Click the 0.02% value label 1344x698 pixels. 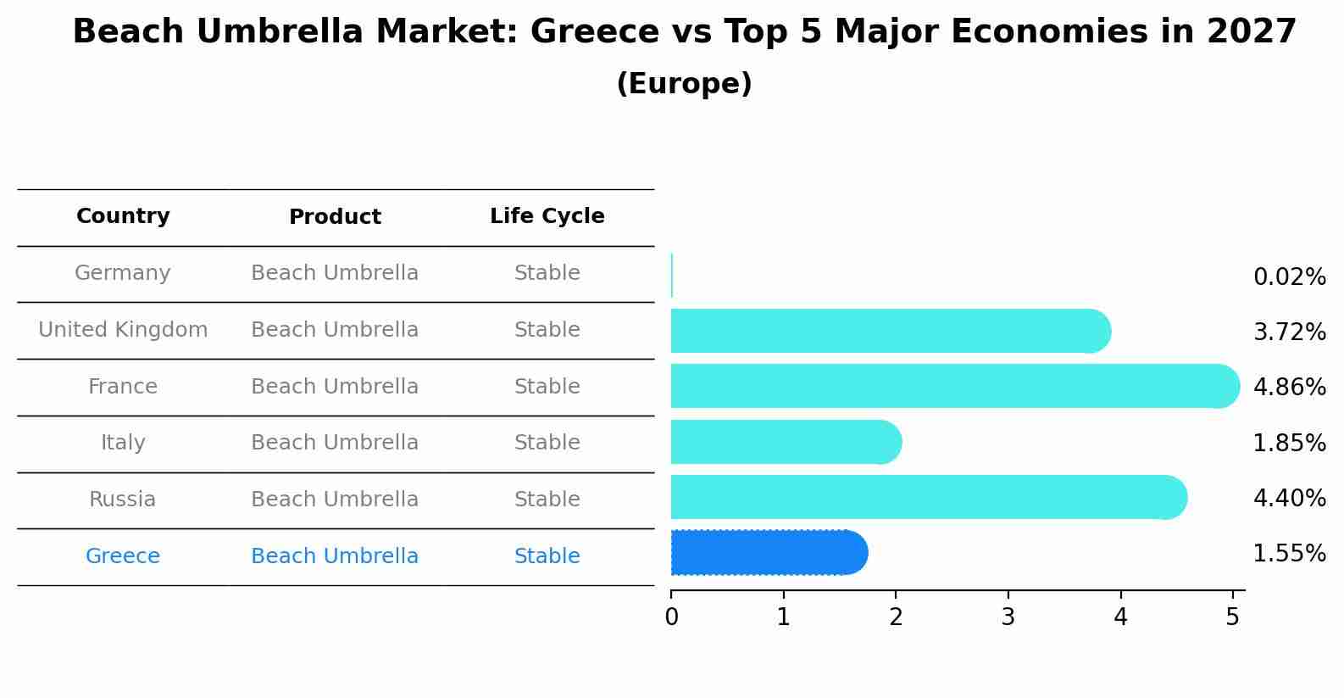(1289, 277)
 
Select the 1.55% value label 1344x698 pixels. (1289, 554)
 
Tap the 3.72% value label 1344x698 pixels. (1289, 332)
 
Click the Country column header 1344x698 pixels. (123, 216)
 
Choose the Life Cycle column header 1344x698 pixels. (547, 216)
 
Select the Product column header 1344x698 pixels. (335, 217)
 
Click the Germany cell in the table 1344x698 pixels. (123, 273)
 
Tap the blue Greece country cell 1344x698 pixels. (123, 556)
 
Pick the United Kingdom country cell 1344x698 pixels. (123, 330)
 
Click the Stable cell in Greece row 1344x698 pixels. (547, 556)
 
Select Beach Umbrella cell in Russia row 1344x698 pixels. (335, 500)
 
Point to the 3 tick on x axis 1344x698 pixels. (1008, 617)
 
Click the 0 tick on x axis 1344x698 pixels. (671, 617)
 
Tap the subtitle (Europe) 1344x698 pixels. (684, 84)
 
